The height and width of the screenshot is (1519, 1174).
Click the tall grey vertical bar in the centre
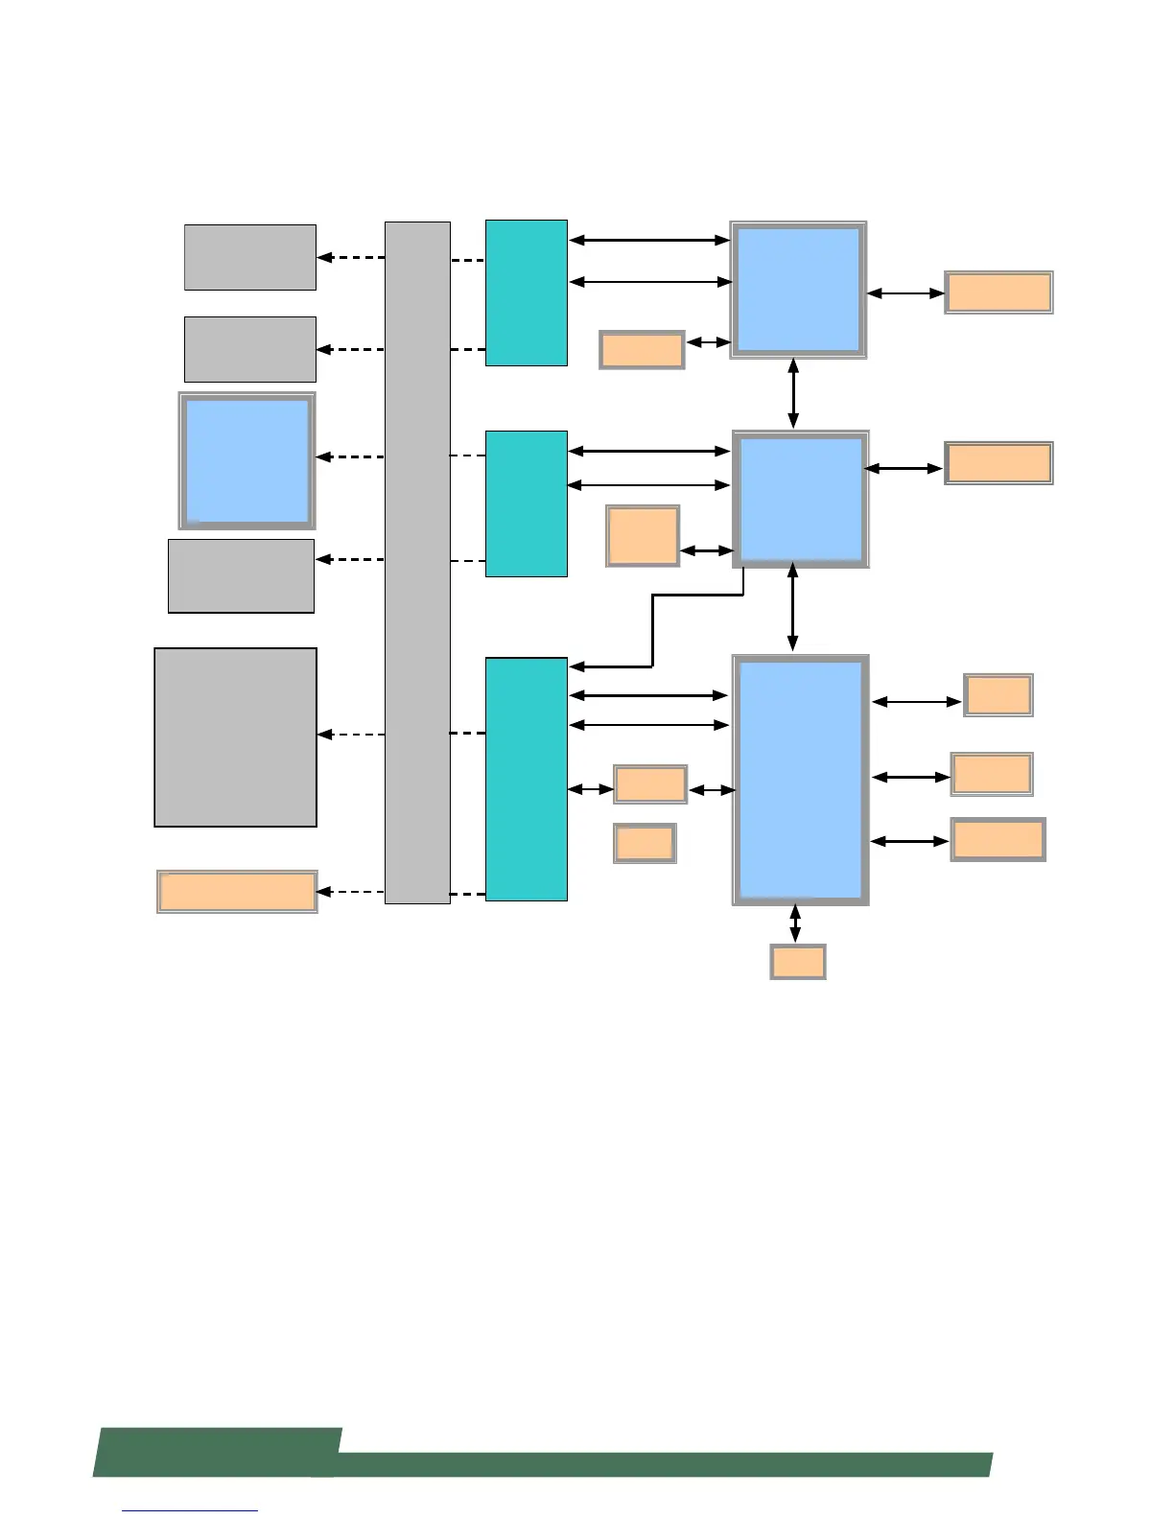(x=417, y=562)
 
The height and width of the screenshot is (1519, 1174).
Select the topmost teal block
(x=526, y=292)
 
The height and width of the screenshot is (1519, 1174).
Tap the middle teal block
(x=526, y=503)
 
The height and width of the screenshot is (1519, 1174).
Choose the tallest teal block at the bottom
(x=526, y=779)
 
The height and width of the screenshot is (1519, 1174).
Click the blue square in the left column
(x=247, y=460)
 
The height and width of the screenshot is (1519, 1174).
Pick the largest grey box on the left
(x=236, y=736)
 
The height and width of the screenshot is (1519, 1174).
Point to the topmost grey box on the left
(x=250, y=257)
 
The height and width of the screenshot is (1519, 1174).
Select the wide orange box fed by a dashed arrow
(x=237, y=891)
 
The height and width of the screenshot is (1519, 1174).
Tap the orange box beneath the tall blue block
(x=798, y=962)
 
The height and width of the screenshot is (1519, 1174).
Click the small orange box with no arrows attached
(x=645, y=843)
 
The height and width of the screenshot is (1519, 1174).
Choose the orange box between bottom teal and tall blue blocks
(x=650, y=784)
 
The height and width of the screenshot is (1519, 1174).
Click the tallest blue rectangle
(x=801, y=780)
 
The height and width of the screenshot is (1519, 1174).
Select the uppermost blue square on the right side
(x=798, y=290)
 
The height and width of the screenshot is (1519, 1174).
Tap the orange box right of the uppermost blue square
(x=998, y=292)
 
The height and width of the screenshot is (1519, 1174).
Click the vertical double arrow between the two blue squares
(x=793, y=393)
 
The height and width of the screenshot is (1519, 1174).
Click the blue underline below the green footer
(x=190, y=1510)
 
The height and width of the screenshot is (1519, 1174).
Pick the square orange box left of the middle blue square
(x=643, y=536)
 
